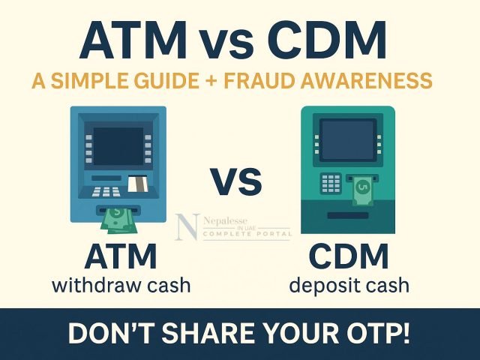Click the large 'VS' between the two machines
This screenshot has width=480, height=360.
tap(235, 181)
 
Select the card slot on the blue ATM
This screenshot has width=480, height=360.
tap(136, 183)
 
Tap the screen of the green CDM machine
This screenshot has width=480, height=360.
tap(346, 139)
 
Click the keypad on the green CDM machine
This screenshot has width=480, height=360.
tap(331, 183)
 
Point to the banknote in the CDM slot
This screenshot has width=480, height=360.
tap(362, 189)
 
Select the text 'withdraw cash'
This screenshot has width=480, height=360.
tap(121, 285)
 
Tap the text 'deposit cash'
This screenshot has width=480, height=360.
tap(349, 285)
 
